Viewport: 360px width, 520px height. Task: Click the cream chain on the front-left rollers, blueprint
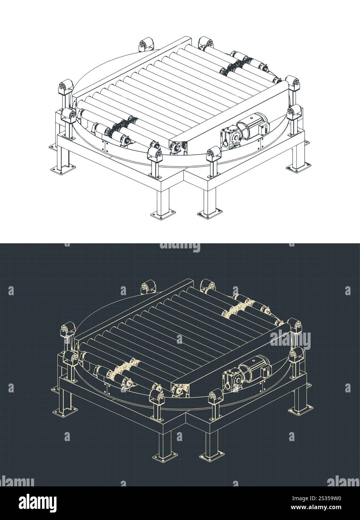coord(125,368)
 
